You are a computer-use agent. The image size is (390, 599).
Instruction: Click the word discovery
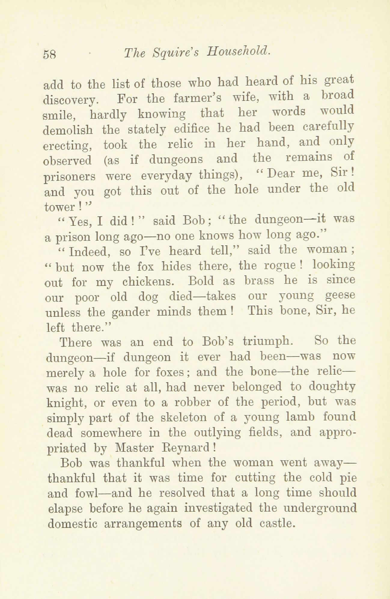click(x=70, y=100)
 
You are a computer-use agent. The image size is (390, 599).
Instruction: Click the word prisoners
click(x=69, y=177)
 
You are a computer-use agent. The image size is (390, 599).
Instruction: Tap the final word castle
click(x=276, y=523)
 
